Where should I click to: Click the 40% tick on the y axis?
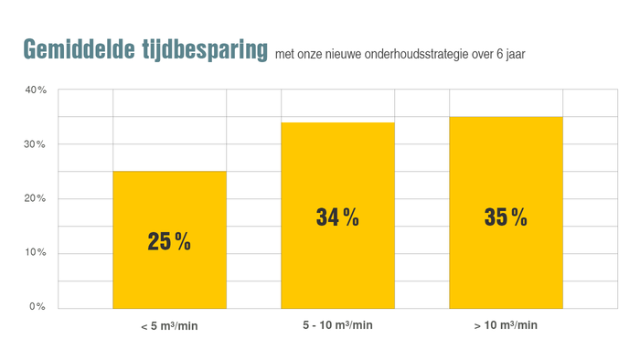(x=36, y=90)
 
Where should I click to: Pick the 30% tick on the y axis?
(x=36, y=144)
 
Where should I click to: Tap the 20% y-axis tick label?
(x=36, y=198)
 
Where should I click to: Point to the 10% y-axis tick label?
(x=36, y=253)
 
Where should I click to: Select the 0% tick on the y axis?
(x=37, y=307)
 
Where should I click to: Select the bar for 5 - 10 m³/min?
(x=337, y=265)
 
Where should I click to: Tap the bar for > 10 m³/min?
(x=506, y=265)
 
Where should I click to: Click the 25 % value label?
(x=169, y=242)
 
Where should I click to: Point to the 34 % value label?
(x=337, y=217)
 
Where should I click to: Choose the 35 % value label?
(x=506, y=217)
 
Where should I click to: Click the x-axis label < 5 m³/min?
(x=169, y=325)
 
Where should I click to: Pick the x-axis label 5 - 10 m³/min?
(x=337, y=325)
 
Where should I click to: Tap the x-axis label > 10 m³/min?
(x=506, y=325)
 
